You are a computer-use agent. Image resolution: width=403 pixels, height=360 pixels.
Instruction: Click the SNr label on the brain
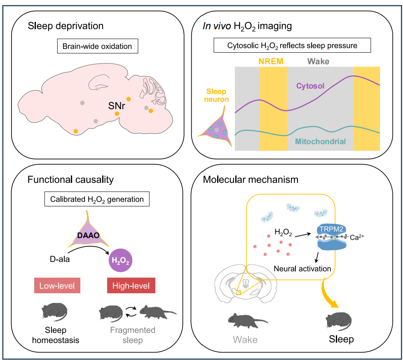[117, 106]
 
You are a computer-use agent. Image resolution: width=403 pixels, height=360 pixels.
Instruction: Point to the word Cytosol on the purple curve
[310, 86]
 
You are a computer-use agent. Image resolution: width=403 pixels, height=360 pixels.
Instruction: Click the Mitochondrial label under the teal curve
[320, 142]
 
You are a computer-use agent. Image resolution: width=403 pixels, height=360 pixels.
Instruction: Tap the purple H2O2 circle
[119, 261]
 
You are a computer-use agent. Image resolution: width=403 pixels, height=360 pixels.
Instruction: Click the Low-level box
[58, 286]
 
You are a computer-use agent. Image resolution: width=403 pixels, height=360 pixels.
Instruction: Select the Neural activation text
[302, 269]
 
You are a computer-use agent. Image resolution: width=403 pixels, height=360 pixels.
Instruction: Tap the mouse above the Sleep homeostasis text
[55, 312]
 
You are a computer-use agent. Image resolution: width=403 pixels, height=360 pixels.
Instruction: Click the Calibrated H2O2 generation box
[97, 199]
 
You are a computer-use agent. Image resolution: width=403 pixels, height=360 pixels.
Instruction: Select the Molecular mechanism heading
[251, 180]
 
